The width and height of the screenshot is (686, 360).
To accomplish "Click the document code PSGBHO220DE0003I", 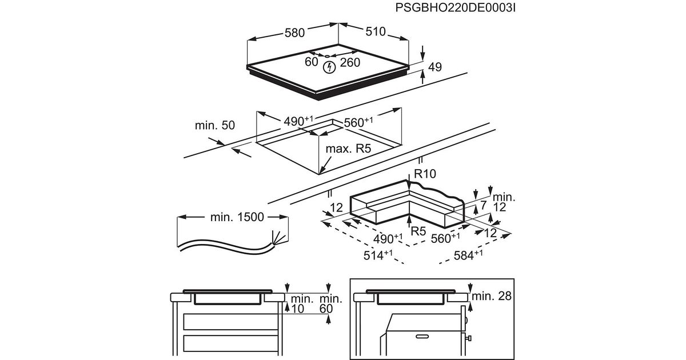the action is [455, 7].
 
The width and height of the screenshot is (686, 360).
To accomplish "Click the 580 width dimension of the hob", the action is [294, 33].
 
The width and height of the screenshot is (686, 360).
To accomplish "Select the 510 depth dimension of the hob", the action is [376, 31].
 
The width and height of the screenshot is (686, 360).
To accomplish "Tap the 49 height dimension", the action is [435, 67].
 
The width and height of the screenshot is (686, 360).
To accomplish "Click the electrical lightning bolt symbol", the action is [329, 67].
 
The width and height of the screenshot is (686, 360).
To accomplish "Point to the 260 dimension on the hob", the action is [350, 62].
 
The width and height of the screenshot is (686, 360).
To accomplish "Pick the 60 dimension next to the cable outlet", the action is [312, 62].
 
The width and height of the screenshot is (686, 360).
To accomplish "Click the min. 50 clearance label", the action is [215, 125].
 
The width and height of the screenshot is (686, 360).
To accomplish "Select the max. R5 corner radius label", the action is [348, 149].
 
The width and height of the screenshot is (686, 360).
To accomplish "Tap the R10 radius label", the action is [425, 174].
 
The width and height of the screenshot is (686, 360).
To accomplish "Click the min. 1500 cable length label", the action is [237, 217].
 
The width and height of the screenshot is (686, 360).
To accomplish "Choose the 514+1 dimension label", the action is [378, 255].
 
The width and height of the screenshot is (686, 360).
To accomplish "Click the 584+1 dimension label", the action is [468, 255].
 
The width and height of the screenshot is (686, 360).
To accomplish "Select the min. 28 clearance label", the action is [492, 296].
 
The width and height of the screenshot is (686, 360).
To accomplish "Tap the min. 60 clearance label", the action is [331, 303].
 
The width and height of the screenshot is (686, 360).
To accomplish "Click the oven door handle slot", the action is [424, 337].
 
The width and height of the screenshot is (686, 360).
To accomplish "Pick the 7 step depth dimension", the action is [483, 205].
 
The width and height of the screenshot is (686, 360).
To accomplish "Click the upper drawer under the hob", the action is [231, 321].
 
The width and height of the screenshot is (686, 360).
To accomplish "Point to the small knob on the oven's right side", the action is [468, 338].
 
